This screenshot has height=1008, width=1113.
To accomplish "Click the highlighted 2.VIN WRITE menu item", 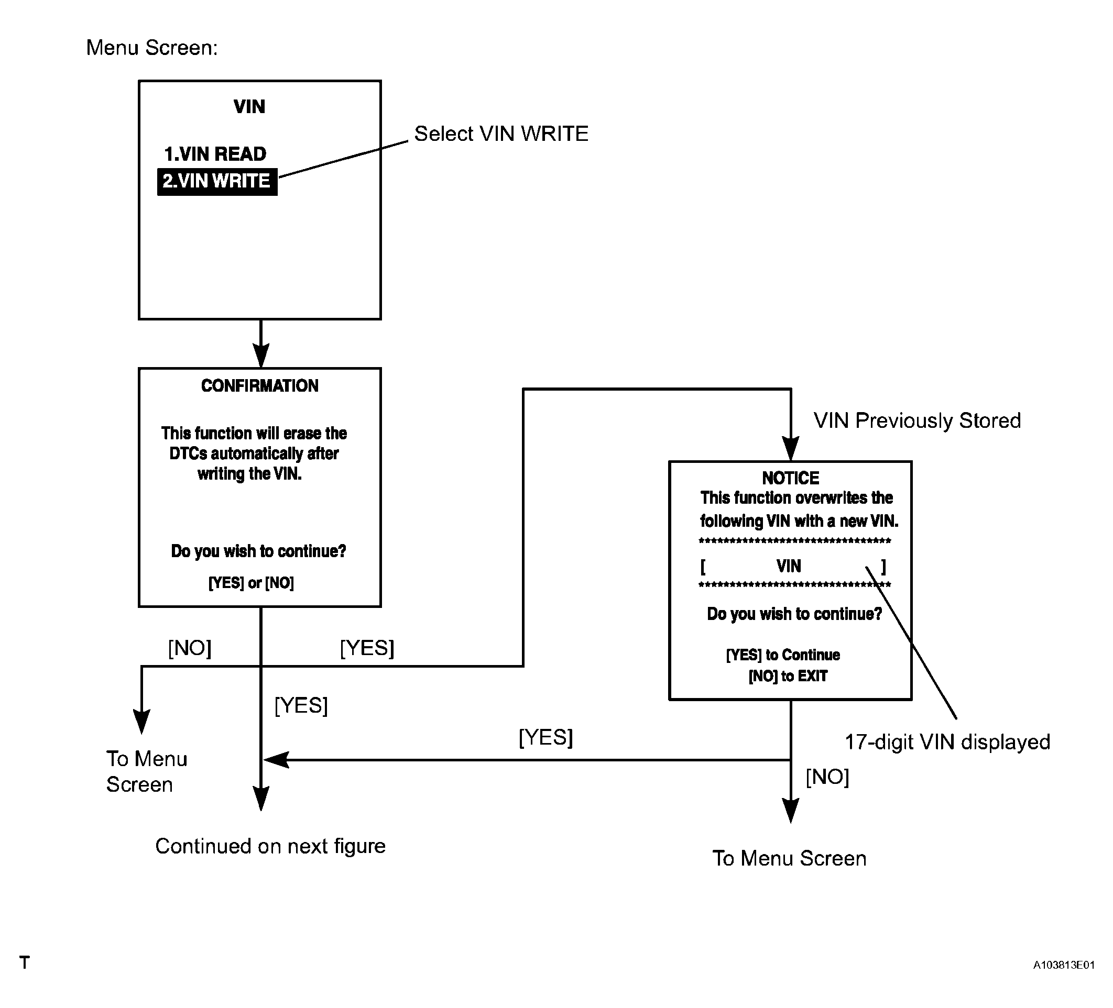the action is (217, 182).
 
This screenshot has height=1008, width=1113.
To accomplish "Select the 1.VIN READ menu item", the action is (215, 154).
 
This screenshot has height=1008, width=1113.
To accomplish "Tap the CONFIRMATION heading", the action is (259, 385).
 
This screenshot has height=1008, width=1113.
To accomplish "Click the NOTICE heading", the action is (791, 478).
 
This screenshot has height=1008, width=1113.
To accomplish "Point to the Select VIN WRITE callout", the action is (501, 134).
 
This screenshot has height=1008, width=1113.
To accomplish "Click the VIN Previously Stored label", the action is (917, 420).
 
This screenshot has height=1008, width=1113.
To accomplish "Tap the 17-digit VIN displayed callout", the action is (947, 742).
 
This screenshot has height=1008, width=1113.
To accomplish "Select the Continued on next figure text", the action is (270, 846).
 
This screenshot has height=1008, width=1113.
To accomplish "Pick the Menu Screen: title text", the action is (152, 48).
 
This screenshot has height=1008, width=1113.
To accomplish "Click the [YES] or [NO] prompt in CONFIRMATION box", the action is (251, 583).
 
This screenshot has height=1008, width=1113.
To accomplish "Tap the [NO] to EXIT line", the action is (788, 676).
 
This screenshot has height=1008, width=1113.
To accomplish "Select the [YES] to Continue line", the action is (783, 655).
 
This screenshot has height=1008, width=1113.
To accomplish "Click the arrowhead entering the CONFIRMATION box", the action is (260, 356).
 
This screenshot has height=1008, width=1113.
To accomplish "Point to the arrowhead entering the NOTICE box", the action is (791, 449).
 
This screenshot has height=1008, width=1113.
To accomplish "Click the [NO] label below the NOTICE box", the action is (827, 777).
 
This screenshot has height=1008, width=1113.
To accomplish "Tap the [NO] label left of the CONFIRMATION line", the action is (189, 648).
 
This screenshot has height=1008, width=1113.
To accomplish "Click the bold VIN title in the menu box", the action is (249, 106).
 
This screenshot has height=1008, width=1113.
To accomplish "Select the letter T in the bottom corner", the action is (24, 963).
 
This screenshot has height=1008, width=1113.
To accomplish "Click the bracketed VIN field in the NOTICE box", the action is (793, 566).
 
